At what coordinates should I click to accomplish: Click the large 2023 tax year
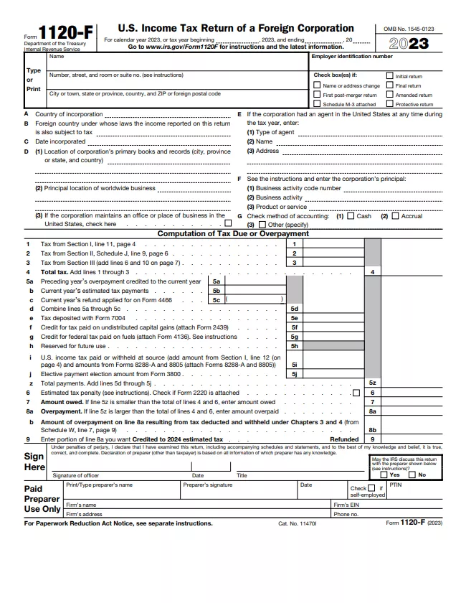[409, 43]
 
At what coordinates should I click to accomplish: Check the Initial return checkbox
[390, 75]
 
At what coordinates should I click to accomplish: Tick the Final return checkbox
[390, 85]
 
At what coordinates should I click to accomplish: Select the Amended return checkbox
[390, 94]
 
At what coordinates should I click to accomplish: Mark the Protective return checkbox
[390, 103]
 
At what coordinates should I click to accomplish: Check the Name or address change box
[317, 85]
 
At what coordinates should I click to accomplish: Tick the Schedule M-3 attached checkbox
[317, 103]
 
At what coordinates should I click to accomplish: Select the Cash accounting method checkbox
[351, 215]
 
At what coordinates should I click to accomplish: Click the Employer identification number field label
[352, 56]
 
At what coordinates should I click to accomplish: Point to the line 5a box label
[216, 282]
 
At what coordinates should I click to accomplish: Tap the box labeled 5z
[372, 383]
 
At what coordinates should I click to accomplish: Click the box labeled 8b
[372, 429]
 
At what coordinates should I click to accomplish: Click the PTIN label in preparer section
[396, 485]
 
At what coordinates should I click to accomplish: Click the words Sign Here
[34, 462]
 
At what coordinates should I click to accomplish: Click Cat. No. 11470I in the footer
[297, 523]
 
